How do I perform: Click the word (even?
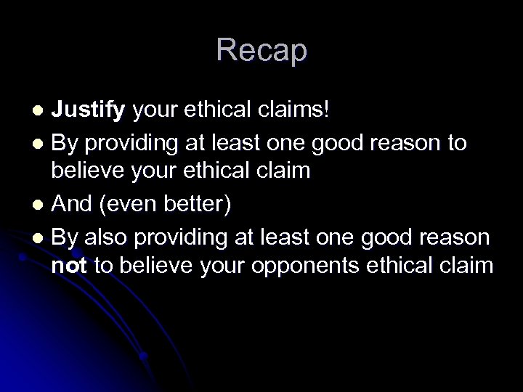click(130, 205)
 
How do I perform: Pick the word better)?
click(199, 205)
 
